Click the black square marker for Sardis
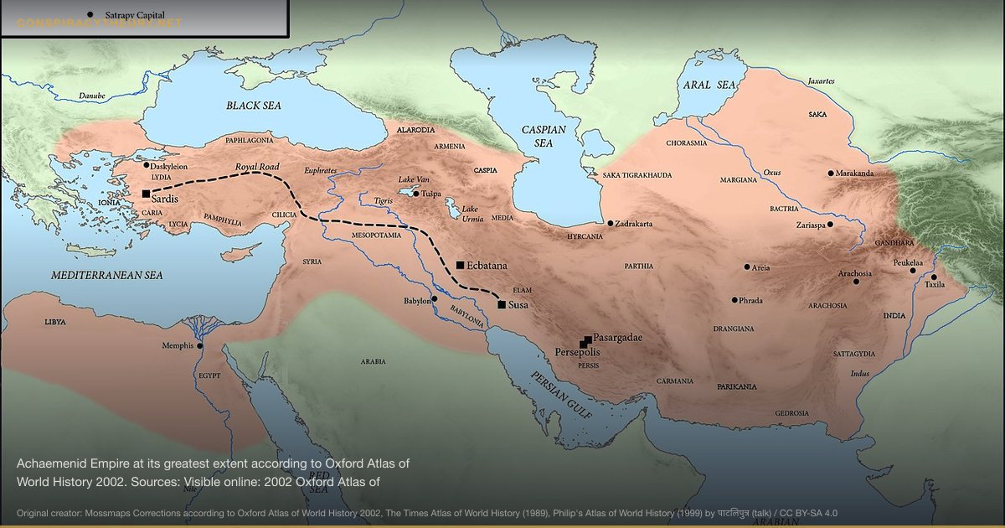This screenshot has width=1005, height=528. (146, 194)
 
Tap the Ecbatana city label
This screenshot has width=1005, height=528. (487, 265)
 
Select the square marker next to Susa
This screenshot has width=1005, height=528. (501, 305)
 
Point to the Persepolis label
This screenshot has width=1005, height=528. (577, 353)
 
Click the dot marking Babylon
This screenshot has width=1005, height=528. (434, 298)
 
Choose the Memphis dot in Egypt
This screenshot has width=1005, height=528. (200, 345)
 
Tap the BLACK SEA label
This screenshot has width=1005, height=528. (253, 106)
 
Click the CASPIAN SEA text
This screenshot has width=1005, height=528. (544, 137)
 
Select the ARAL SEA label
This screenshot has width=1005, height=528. (709, 85)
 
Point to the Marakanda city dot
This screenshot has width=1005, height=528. (831, 173)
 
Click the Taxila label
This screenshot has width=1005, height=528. (934, 285)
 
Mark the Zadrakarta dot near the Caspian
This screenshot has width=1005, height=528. (611, 224)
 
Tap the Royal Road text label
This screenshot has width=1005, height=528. (257, 168)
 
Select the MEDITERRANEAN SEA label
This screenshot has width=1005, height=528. (106, 275)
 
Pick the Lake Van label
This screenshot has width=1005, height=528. (413, 179)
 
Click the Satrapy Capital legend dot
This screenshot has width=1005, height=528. (90, 14)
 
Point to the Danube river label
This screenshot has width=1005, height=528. (92, 96)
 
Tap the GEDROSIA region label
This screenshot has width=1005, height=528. (791, 413)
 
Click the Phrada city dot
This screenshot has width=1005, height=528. (734, 300)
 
